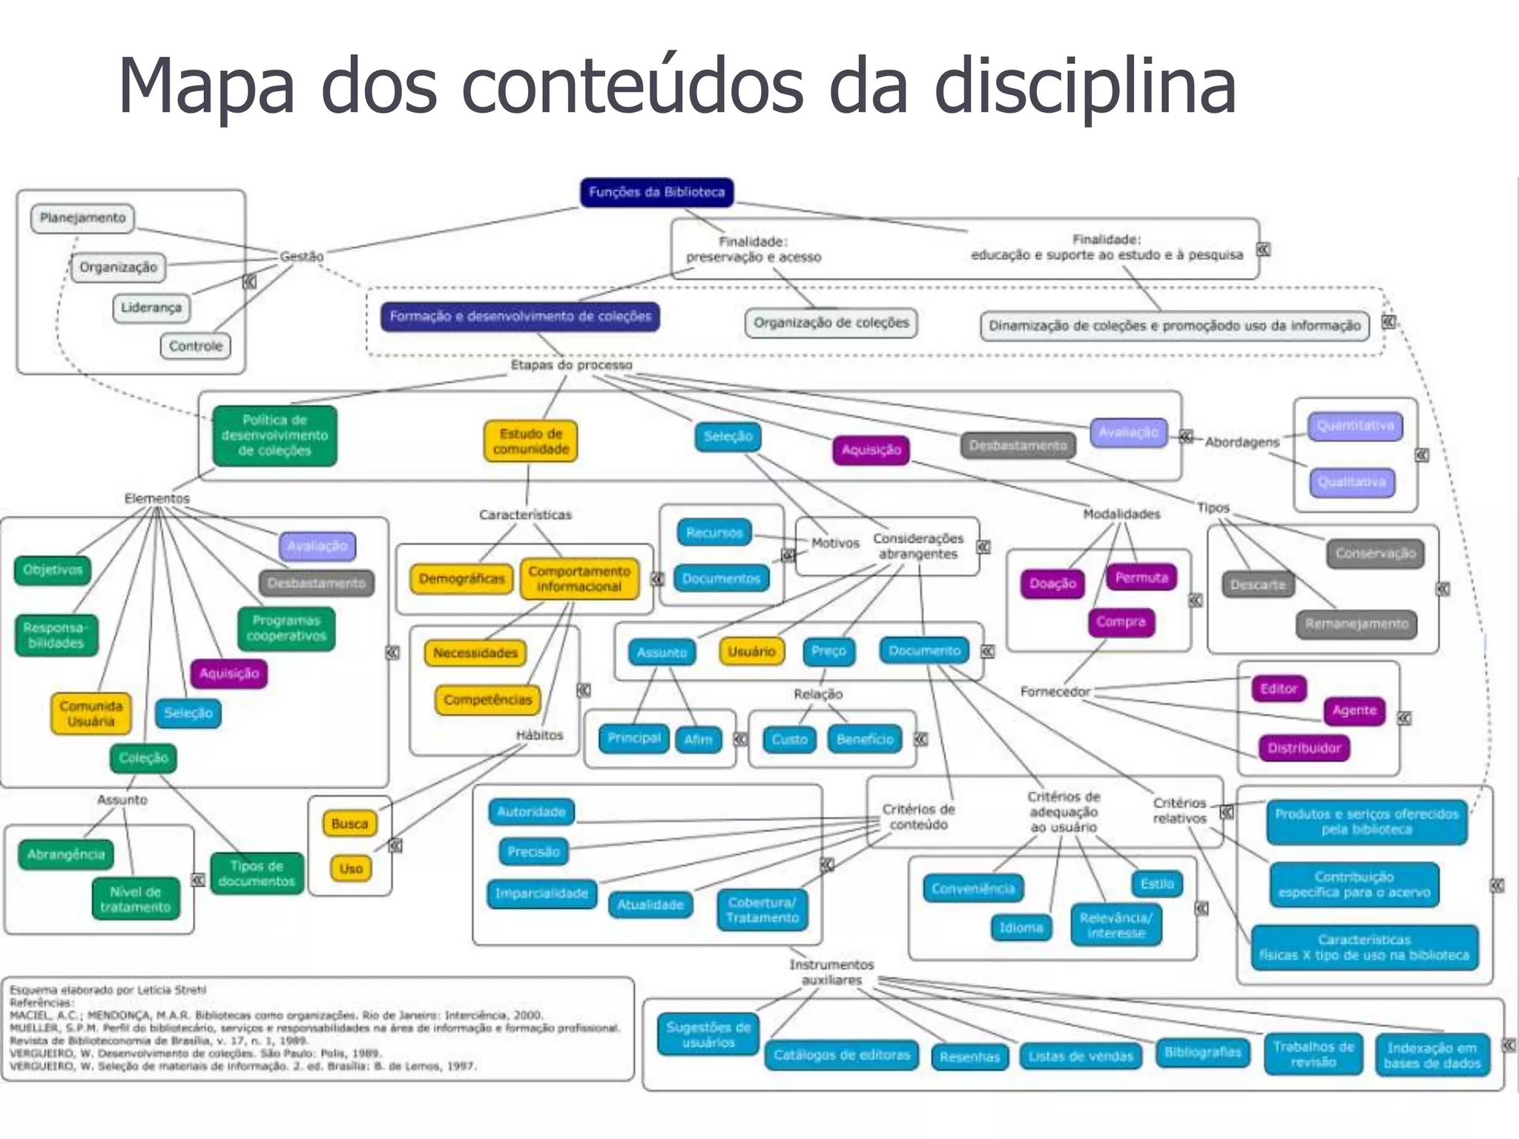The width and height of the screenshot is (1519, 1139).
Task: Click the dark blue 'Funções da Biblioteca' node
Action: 656,192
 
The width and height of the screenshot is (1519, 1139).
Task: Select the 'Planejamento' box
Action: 82,218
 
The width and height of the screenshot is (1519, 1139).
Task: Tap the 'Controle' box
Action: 195,346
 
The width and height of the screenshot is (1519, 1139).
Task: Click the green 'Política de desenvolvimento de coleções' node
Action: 274,435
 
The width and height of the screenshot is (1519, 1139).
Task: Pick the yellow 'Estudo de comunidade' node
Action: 530,441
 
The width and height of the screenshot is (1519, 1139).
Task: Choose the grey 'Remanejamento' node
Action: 1356,624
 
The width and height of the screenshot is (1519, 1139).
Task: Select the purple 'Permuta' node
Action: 1141,577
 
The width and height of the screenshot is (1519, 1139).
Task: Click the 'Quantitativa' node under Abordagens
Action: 1354,426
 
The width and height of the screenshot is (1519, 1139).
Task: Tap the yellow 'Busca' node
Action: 349,823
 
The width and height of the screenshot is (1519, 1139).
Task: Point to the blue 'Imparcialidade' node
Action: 541,894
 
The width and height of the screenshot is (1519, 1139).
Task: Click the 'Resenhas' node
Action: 969,1057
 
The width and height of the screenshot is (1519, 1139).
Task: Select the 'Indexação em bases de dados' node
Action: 1431,1055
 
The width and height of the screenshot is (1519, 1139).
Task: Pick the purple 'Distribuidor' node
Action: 1303,747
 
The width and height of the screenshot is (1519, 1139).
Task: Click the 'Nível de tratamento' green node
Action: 135,899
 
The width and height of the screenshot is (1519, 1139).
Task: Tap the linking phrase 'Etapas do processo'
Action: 571,365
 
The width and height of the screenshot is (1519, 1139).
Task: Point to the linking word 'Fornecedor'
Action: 1054,691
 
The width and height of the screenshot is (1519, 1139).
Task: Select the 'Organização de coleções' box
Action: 831,323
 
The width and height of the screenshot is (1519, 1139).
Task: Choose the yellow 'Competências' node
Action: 487,699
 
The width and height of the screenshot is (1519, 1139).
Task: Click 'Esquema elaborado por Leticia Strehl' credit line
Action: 108,990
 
